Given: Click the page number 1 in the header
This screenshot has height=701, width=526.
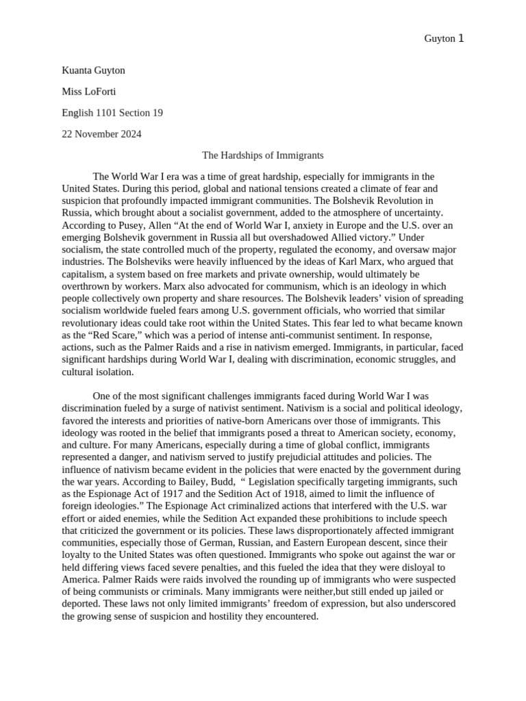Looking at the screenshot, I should pyautogui.click(x=461, y=38).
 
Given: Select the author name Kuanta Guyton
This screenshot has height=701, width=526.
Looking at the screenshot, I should pyautogui.click(x=93, y=71).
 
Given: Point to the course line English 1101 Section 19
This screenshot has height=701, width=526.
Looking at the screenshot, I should pyautogui.click(x=112, y=113).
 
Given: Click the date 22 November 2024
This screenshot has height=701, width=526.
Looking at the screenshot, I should pyautogui.click(x=101, y=134).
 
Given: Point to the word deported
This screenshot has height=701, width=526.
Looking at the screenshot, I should pyautogui.click(x=83, y=604).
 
